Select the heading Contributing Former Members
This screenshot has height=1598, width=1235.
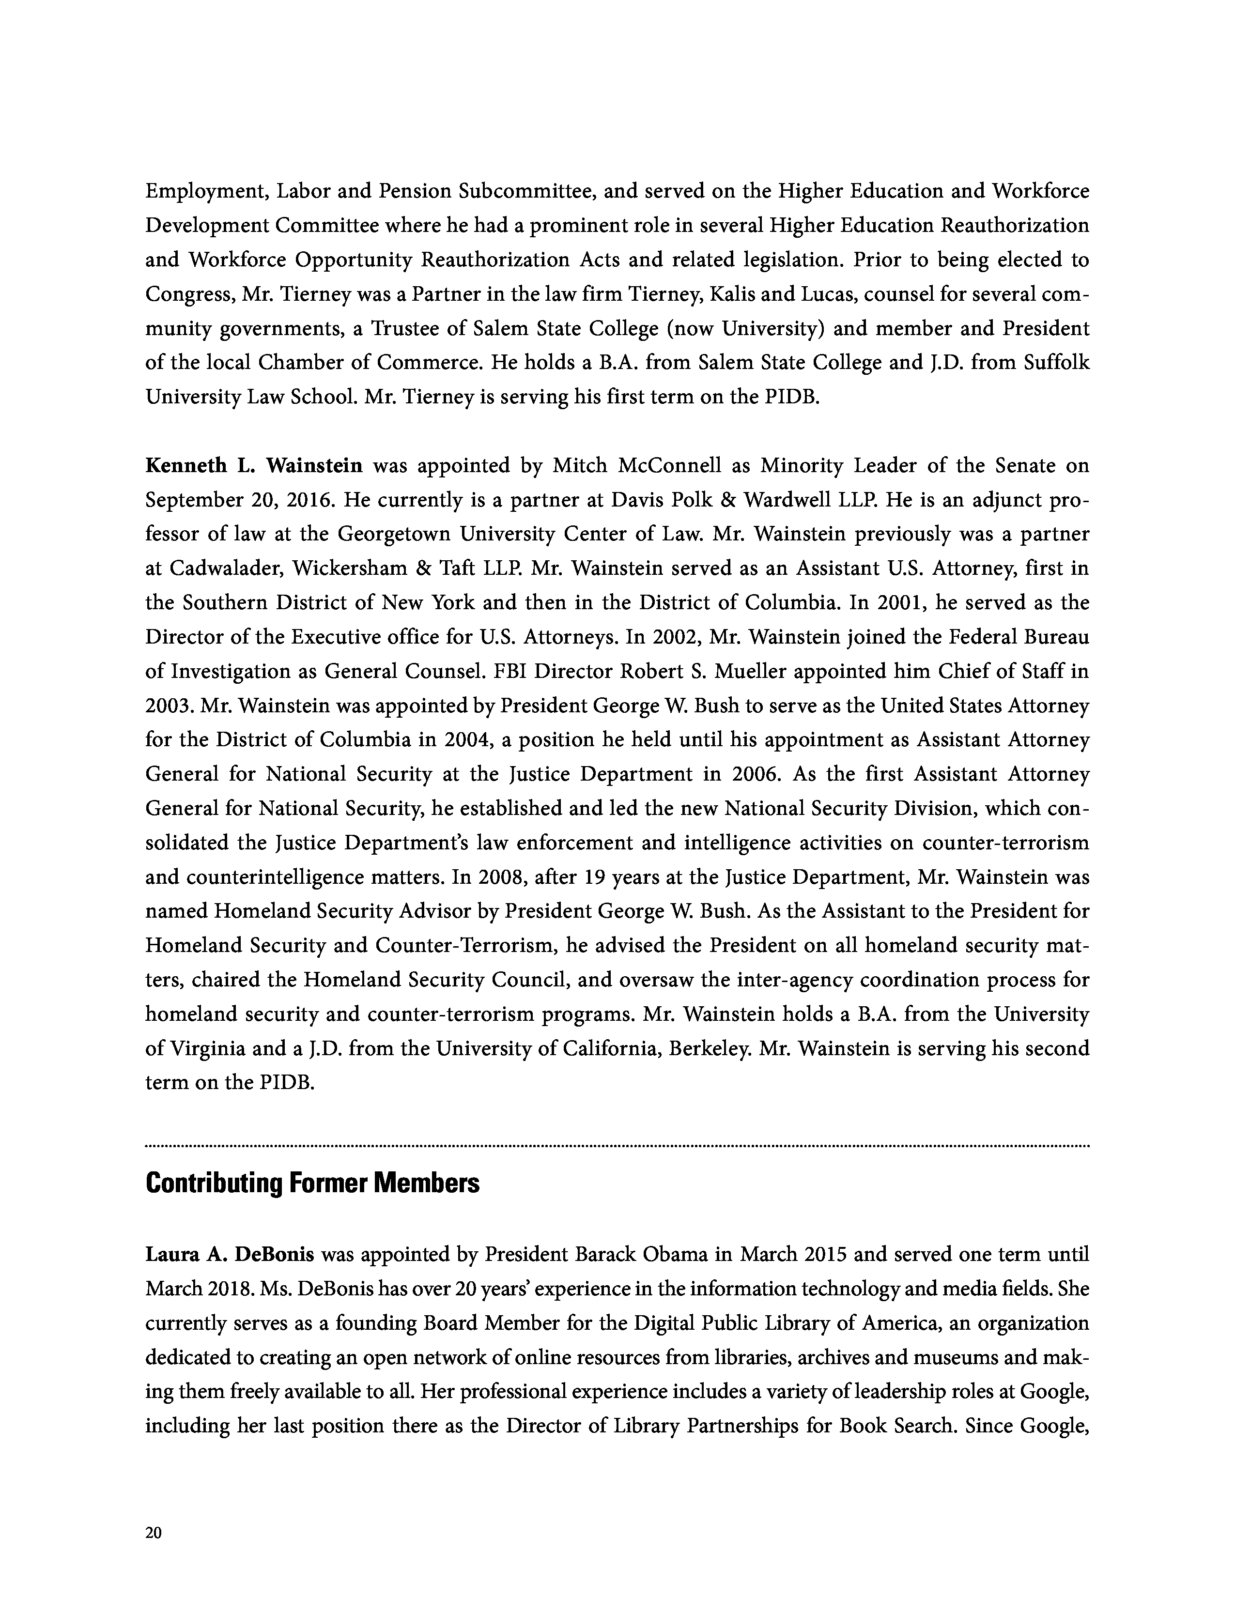(312, 1183)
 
